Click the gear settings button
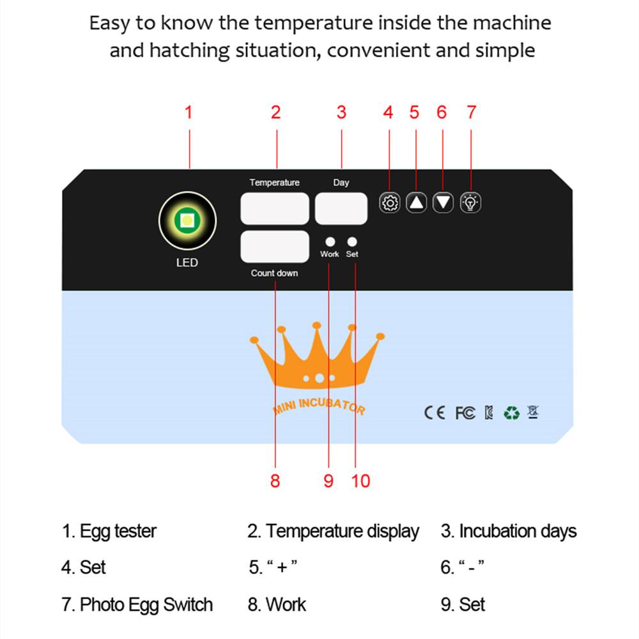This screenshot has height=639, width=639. [x=390, y=203]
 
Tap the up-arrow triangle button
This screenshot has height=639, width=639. [x=416, y=203]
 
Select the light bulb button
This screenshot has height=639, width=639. [x=470, y=203]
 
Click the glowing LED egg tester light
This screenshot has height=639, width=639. [x=187, y=220]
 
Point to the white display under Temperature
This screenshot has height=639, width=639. [x=275, y=209]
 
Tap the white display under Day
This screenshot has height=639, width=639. [x=341, y=209]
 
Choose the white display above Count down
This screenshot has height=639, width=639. [x=275, y=247]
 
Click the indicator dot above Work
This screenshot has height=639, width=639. [x=330, y=242]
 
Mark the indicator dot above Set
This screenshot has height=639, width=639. [x=352, y=242]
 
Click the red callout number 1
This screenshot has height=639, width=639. [x=189, y=112]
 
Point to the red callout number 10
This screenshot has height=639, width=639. [x=360, y=481]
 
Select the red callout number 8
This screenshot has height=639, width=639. [x=275, y=481]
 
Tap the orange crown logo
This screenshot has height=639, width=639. [x=317, y=355]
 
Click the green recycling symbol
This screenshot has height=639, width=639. [x=511, y=413]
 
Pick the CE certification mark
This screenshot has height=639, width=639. [x=435, y=413]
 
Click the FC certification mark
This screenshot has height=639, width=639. [x=465, y=413]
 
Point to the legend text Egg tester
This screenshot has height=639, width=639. [x=118, y=532]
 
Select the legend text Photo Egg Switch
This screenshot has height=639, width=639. [x=146, y=604]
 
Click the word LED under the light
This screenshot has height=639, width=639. [x=187, y=263]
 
